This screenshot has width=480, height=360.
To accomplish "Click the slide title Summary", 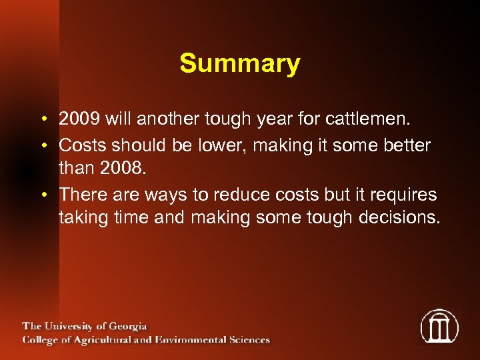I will tap(239, 64).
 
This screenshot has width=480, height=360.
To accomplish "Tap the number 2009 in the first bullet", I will tap(79, 120).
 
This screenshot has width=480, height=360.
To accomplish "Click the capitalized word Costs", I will tap(80, 145).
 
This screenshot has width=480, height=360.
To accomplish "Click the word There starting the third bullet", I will tap(80, 194).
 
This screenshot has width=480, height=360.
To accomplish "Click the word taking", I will tap(81, 218).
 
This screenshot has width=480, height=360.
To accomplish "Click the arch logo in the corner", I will tap(439, 326).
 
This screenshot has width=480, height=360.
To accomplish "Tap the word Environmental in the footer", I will tap(197, 339).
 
